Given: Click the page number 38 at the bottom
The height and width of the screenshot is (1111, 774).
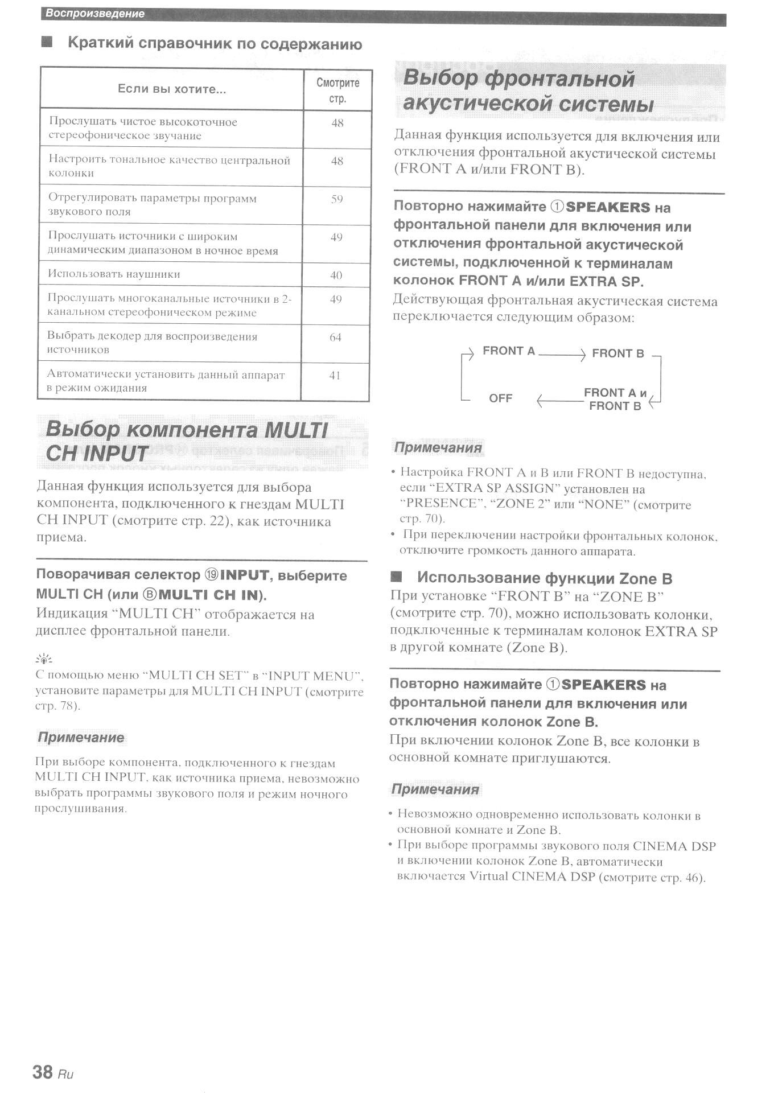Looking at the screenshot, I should click(43, 1072).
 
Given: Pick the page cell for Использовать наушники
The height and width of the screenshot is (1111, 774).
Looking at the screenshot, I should click(336, 275).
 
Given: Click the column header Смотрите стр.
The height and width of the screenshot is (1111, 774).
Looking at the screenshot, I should click(337, 90).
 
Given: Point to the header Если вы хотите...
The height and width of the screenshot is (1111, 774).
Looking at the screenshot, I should click(172, 89).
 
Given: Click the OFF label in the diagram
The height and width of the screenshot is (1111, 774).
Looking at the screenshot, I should click(500, 398).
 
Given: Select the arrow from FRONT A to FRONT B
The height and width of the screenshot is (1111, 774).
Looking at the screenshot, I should click(561, 355).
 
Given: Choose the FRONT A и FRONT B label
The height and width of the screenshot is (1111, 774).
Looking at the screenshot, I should click(615, 400).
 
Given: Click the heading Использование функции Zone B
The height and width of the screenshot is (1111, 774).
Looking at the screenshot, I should click(544, 579).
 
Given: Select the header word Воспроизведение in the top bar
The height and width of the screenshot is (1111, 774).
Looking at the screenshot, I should click(95, 14).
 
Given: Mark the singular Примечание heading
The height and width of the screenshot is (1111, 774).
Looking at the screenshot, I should click(81, 738).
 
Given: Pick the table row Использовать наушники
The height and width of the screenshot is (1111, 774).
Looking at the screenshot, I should click(114, 274).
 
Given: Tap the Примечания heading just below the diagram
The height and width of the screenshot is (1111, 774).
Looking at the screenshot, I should click(438, 448).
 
